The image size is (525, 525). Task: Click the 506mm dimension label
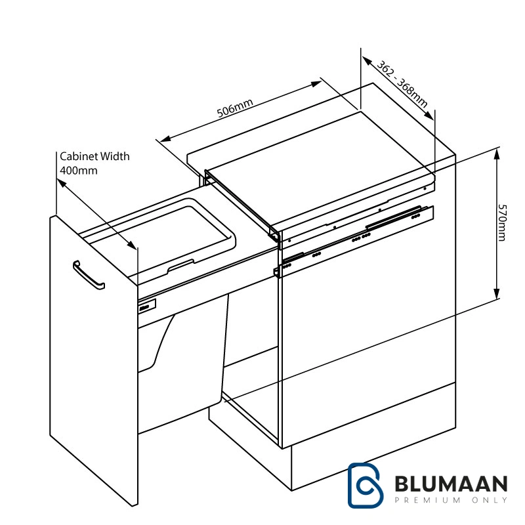click(235, 108)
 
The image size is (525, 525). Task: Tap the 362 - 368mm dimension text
click(402, 84)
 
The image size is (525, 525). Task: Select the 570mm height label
click(501, 222)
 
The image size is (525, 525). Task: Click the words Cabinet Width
click(94, 156)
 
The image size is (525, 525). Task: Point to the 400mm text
click(79, 171)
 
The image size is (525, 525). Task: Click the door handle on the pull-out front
click(89, 274)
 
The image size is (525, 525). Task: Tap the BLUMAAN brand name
click(451, 484)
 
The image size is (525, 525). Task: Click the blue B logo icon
click(365, 485)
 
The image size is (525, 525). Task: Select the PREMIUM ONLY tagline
click(451, 500)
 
